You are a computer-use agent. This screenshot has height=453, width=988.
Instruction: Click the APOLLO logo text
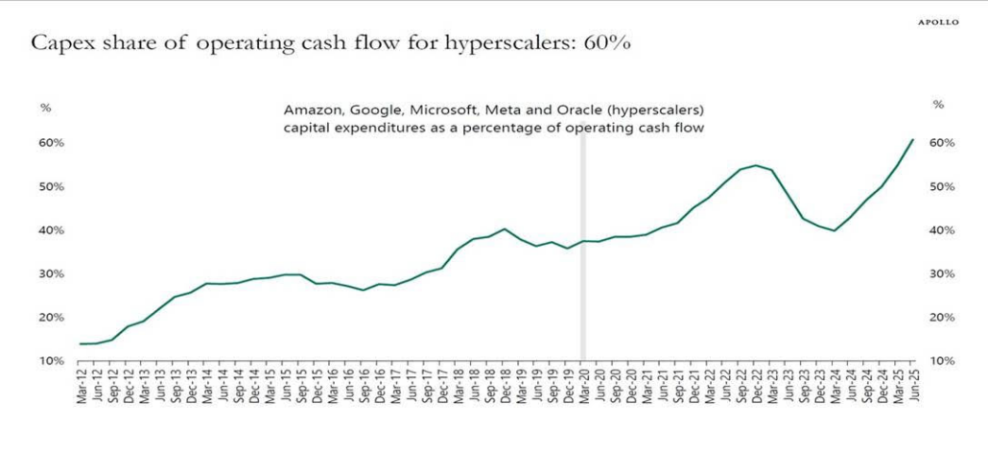938,22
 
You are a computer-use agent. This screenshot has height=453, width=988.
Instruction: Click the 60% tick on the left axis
51,143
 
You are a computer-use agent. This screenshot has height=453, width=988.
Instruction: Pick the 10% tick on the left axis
51,361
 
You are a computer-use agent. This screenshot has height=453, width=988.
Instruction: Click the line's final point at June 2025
911,140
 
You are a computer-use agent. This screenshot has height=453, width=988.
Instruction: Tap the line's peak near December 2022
755,165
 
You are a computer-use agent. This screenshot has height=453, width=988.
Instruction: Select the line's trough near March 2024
834,230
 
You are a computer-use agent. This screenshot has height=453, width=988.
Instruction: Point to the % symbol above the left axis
45,107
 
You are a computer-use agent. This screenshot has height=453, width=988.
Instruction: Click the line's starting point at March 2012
82,344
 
